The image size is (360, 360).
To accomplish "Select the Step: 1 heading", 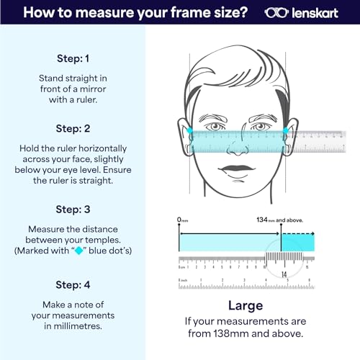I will pyautogui.click(x=73, y=58).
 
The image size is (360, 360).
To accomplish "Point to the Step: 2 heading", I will pyautogui.click(x=73, y=128).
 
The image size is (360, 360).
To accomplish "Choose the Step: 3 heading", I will pyautogui.click(x=73, y=209).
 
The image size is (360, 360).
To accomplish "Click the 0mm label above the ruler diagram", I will pyautogui.click(x=184, y=219).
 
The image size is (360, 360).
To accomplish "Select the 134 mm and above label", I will pyautogui.click(x=284, y=219).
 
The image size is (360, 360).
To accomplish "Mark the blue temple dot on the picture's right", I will pyautogui.click(x=286, y=131).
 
